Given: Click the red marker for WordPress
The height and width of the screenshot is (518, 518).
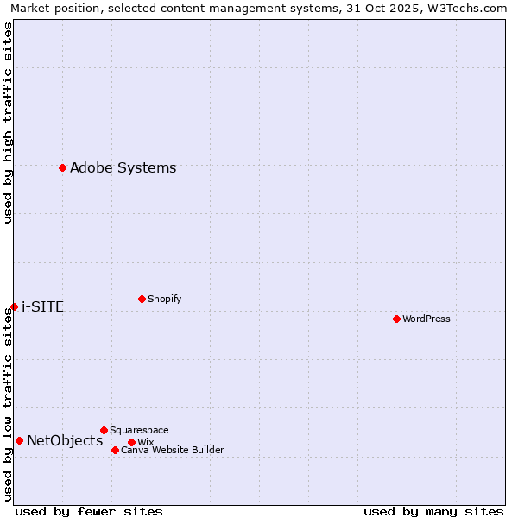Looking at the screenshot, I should coord(396,319).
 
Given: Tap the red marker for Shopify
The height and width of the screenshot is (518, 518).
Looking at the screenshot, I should coord(142,299).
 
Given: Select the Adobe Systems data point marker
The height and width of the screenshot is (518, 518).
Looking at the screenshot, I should coord(62,167).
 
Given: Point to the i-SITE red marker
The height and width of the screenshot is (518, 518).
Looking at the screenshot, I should coord(14,306).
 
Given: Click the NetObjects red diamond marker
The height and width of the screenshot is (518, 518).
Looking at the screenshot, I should coord(19,440).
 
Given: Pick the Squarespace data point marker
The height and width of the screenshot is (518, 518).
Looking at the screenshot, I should coord(104,430).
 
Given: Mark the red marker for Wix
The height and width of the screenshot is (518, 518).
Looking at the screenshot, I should coord(131,442).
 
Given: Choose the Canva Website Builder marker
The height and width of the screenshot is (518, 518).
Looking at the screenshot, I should coord(115,450).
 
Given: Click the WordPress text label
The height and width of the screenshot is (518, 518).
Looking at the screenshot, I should coord(426,319).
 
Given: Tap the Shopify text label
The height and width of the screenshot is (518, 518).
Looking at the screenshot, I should coord(165,299).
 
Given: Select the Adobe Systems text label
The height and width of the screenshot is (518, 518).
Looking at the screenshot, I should coord(123,167).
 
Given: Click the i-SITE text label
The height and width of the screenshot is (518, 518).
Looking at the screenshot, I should coord(43,306).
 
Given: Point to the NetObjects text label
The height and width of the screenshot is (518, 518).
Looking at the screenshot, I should coord(65,440).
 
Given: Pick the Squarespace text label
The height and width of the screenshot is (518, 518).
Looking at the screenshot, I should coord(139,430).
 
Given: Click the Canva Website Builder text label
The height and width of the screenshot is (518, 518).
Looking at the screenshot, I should coord(173,450).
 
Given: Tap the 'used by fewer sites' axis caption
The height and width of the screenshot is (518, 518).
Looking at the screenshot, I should coord(89,511).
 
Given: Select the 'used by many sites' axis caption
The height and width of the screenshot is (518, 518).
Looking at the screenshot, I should coord(433,511).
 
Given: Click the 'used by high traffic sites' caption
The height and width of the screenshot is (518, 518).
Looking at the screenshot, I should coord(8,123).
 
